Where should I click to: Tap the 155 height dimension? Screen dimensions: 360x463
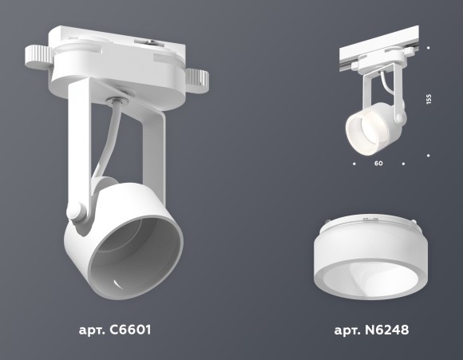click(x=429, y=99)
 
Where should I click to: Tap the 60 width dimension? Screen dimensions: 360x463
click(x=378, y=164)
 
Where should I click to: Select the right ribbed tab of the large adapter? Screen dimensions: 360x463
click(x=197, y=79)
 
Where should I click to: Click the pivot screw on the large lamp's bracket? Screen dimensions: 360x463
click(x=76, y=212)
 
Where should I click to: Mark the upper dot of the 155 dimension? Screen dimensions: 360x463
click(x=429, y=47)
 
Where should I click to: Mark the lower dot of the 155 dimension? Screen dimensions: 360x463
click(x=429, y=152)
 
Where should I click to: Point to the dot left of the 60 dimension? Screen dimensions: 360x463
click(x=354, y=164)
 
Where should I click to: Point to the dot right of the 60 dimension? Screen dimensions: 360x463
click(x=404, y=164)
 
